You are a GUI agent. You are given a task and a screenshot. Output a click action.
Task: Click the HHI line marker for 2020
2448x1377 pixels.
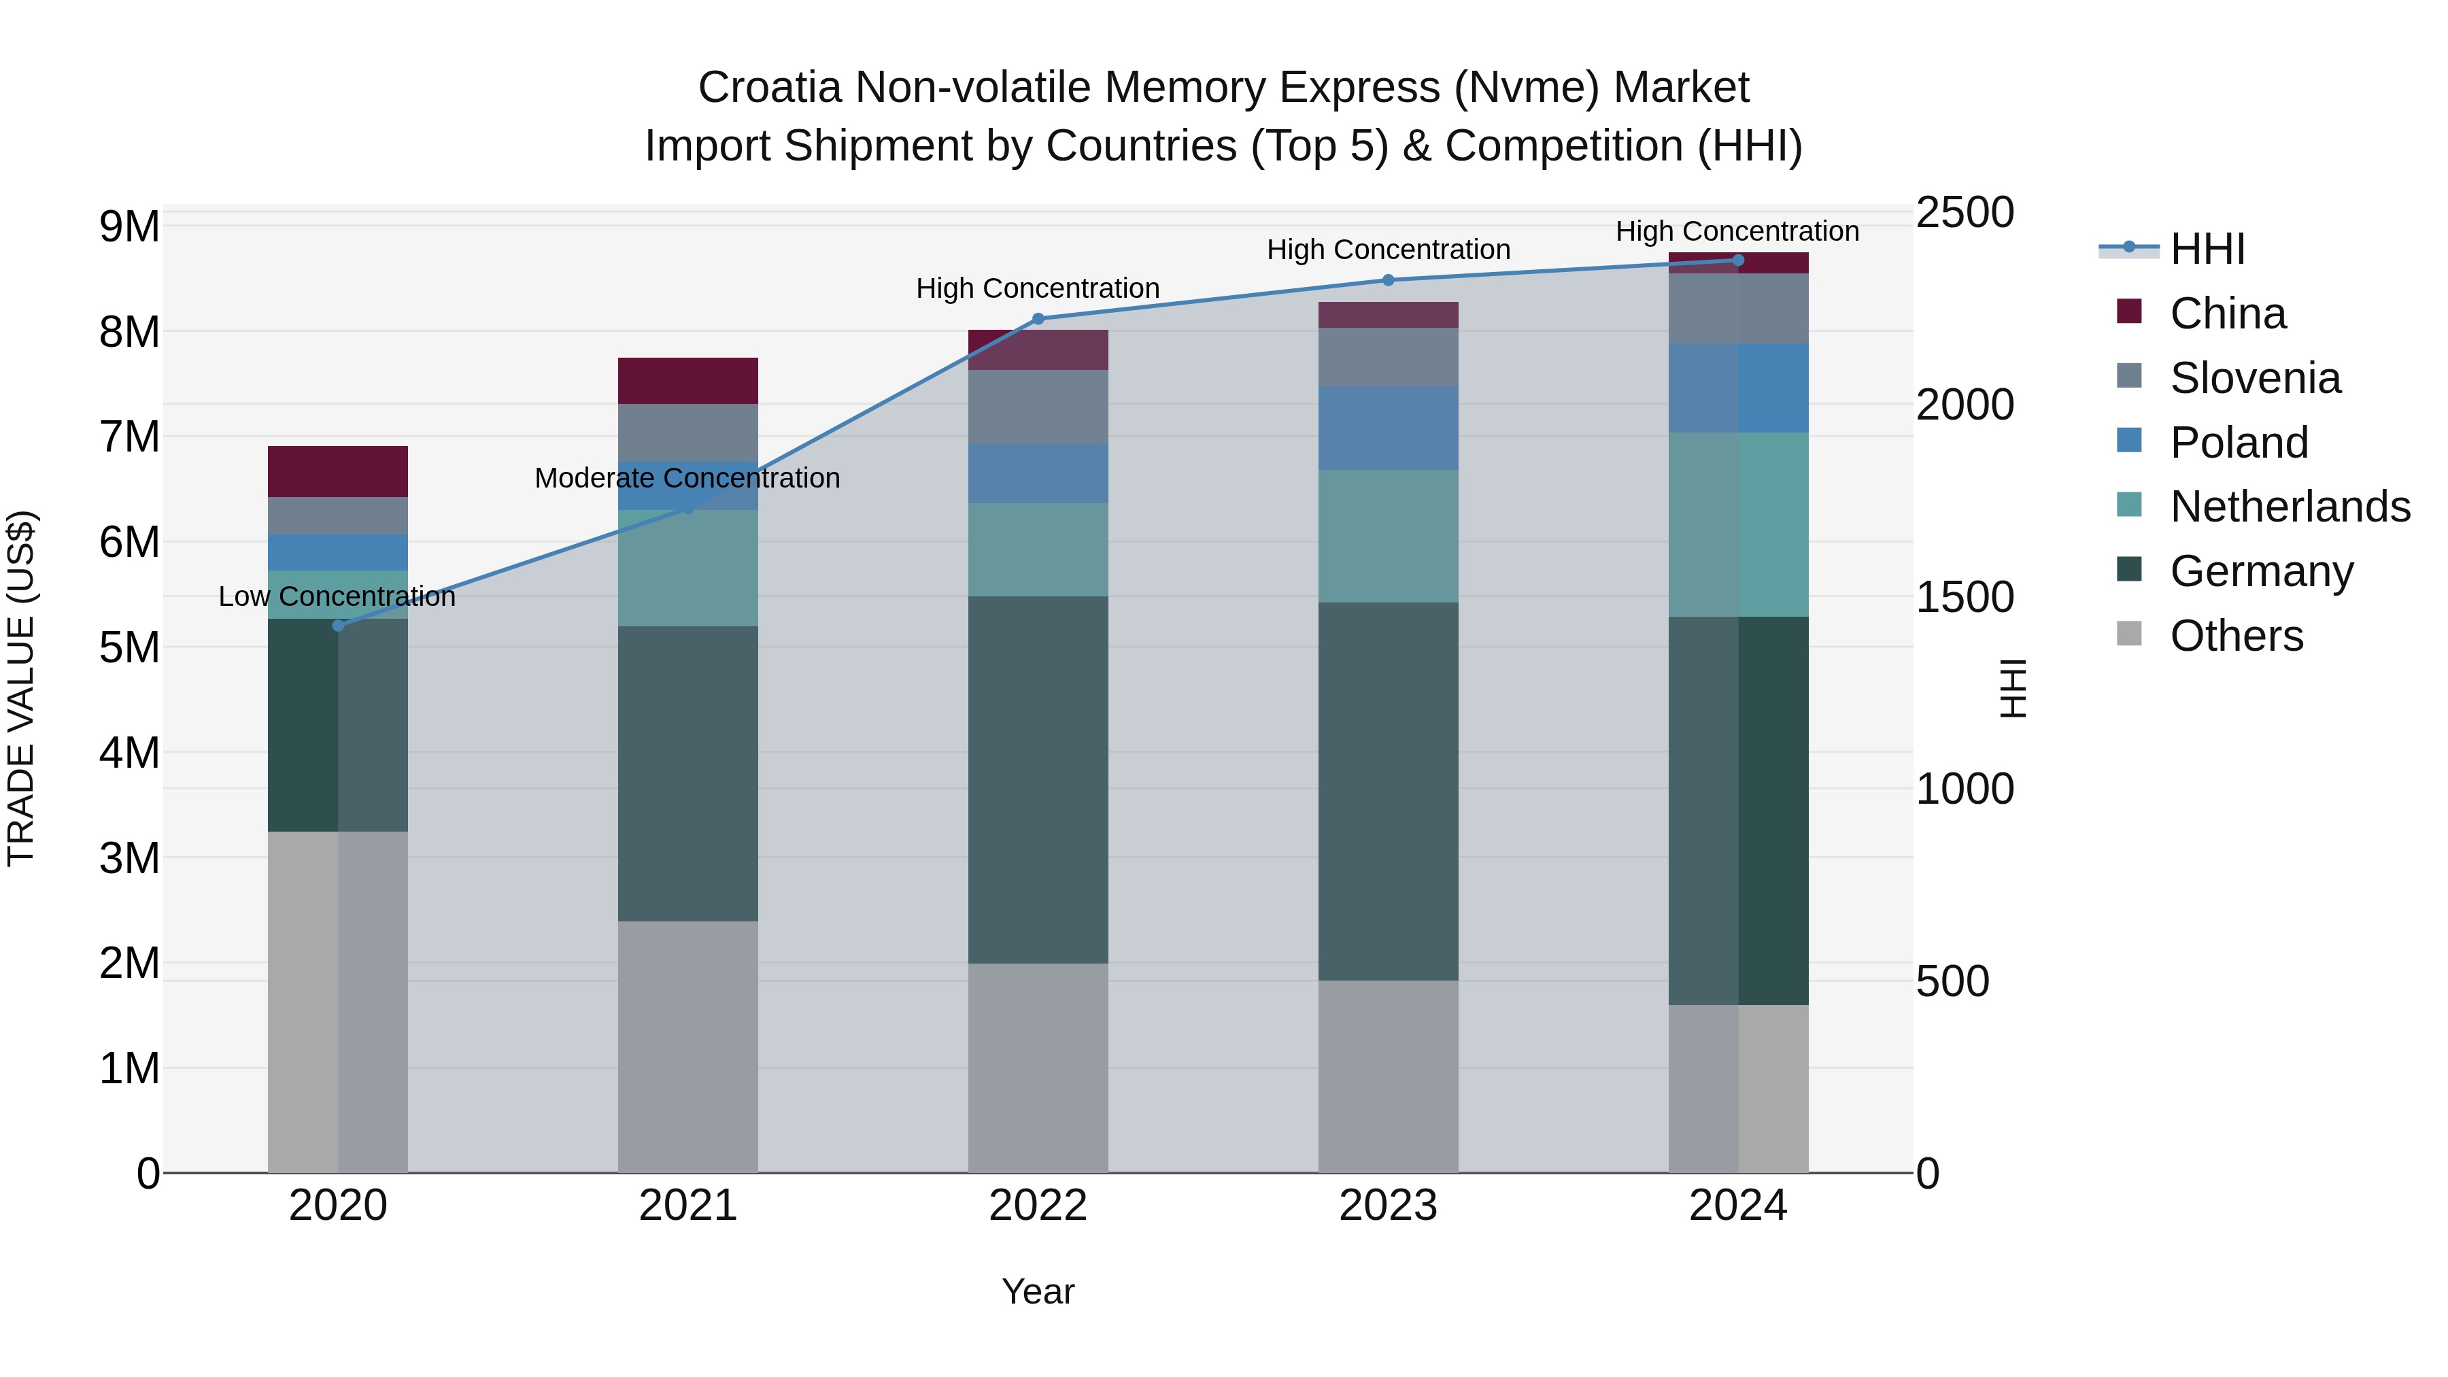339,626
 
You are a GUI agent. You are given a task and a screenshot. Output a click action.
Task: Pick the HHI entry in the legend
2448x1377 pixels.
2207,249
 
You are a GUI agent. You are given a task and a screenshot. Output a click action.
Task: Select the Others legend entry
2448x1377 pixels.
2235,636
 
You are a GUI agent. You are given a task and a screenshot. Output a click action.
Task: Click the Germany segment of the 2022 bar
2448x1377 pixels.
1038,779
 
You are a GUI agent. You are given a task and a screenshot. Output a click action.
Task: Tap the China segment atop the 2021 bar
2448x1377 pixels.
688,380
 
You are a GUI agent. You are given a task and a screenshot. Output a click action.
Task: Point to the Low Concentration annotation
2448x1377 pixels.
337,597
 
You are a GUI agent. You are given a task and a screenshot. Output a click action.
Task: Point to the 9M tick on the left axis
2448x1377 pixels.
129,227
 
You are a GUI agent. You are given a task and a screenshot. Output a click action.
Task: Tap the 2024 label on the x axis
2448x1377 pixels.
1737,1206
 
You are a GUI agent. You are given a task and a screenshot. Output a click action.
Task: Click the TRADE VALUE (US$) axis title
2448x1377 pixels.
21,688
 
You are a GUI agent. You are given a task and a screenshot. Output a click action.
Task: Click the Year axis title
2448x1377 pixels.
1038,1291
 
